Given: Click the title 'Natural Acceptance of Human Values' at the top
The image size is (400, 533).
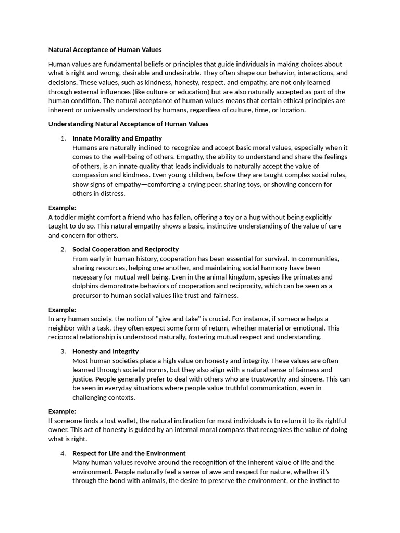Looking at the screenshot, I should [105, 50].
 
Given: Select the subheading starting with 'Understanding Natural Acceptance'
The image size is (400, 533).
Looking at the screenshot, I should [128, 124].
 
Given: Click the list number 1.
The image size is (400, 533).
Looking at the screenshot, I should [63, 138].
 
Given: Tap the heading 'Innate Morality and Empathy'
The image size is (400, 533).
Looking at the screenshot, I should [117, 138].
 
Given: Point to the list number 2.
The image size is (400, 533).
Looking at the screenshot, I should [63, 249].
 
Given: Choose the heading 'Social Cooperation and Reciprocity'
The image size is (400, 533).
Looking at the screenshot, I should [126, 249].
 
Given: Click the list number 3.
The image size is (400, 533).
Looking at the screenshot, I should [63, 351].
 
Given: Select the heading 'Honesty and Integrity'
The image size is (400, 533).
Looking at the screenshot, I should [105, 351].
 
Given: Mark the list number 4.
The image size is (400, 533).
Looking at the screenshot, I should [63, 453].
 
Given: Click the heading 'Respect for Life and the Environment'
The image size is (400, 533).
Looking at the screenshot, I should [129, 453].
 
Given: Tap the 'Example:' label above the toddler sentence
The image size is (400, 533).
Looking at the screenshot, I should [63, 208].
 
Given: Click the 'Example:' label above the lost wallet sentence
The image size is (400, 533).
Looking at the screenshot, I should [63, 411].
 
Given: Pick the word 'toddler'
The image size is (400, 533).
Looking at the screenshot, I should [66, 217].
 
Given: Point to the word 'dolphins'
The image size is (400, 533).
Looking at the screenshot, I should [86, 286].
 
